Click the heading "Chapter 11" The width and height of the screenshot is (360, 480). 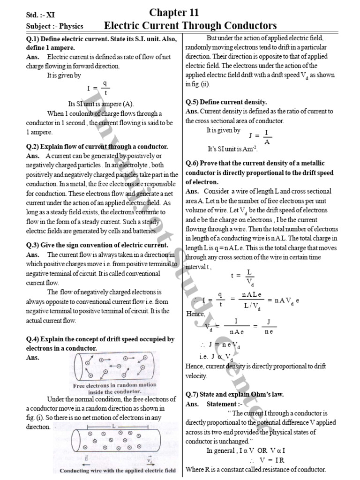coord(174,12)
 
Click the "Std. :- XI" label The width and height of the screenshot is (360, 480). coord(41,15)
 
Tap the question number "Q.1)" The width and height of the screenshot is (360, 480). coord(35,39)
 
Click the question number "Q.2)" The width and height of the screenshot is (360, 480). coord(35,147)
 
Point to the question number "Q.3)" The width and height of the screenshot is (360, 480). coord(35,245)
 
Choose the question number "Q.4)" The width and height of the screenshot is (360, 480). coord(35,339)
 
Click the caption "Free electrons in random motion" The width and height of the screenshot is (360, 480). coord(108,385)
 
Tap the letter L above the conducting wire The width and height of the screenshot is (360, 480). coord(113,426)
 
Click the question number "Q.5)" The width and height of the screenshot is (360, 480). coord(194,102)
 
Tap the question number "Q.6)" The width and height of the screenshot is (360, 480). coord(194,163)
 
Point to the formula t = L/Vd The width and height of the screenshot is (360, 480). coord(243,277)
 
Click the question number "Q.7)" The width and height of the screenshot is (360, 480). coord(194,394)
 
